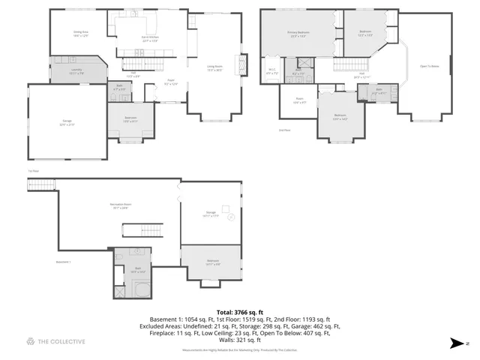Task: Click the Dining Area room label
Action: tap(81, 33)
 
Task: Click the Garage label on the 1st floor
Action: tap(67, 124)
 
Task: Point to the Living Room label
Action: tap(215, 68)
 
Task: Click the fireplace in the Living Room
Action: tap(241, 65)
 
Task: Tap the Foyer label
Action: tap(171, 82)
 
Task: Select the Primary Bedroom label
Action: tap(298, 34)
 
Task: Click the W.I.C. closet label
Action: tap(271, 73)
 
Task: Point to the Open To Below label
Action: tap(429, 66)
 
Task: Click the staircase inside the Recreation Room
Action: tap(133, 231)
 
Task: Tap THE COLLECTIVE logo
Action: tap(55, 342)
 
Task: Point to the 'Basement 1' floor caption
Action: tap(63, 262)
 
